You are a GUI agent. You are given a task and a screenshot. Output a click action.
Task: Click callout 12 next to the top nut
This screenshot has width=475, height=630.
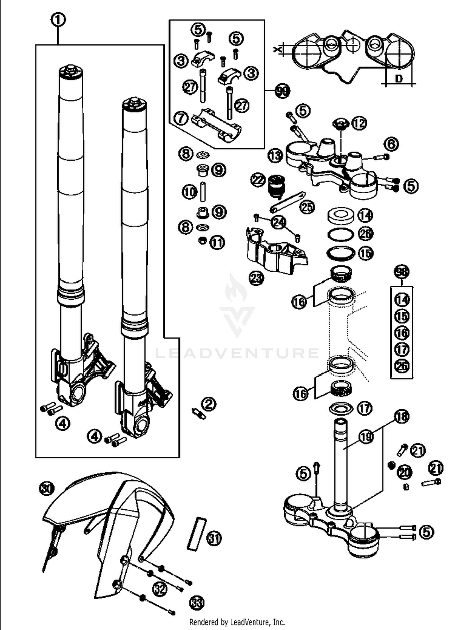359,123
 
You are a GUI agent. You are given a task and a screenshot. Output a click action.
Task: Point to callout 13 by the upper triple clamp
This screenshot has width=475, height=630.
275,156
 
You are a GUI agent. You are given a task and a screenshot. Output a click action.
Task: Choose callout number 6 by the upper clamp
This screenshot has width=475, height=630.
392,144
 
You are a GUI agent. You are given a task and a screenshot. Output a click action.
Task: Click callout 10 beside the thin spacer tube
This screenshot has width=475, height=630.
190,192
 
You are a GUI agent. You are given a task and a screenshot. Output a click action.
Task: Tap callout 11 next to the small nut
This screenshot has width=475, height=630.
217,243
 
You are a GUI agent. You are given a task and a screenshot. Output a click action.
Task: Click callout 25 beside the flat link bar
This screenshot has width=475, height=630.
307,207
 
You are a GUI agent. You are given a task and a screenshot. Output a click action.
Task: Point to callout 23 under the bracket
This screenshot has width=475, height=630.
256,278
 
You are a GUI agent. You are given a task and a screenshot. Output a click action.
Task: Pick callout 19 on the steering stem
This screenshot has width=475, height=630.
366,437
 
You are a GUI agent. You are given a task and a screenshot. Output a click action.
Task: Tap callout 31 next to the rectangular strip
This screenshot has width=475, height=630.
214,538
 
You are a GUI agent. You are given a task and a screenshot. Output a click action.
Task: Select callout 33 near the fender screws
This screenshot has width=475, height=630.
197,603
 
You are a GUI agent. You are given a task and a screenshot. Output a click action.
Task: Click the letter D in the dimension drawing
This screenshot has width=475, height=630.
399,78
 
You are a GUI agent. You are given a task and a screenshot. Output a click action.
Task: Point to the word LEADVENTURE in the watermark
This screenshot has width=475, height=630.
237,353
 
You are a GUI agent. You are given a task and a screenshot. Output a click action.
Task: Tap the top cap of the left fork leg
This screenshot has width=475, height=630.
71,72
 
